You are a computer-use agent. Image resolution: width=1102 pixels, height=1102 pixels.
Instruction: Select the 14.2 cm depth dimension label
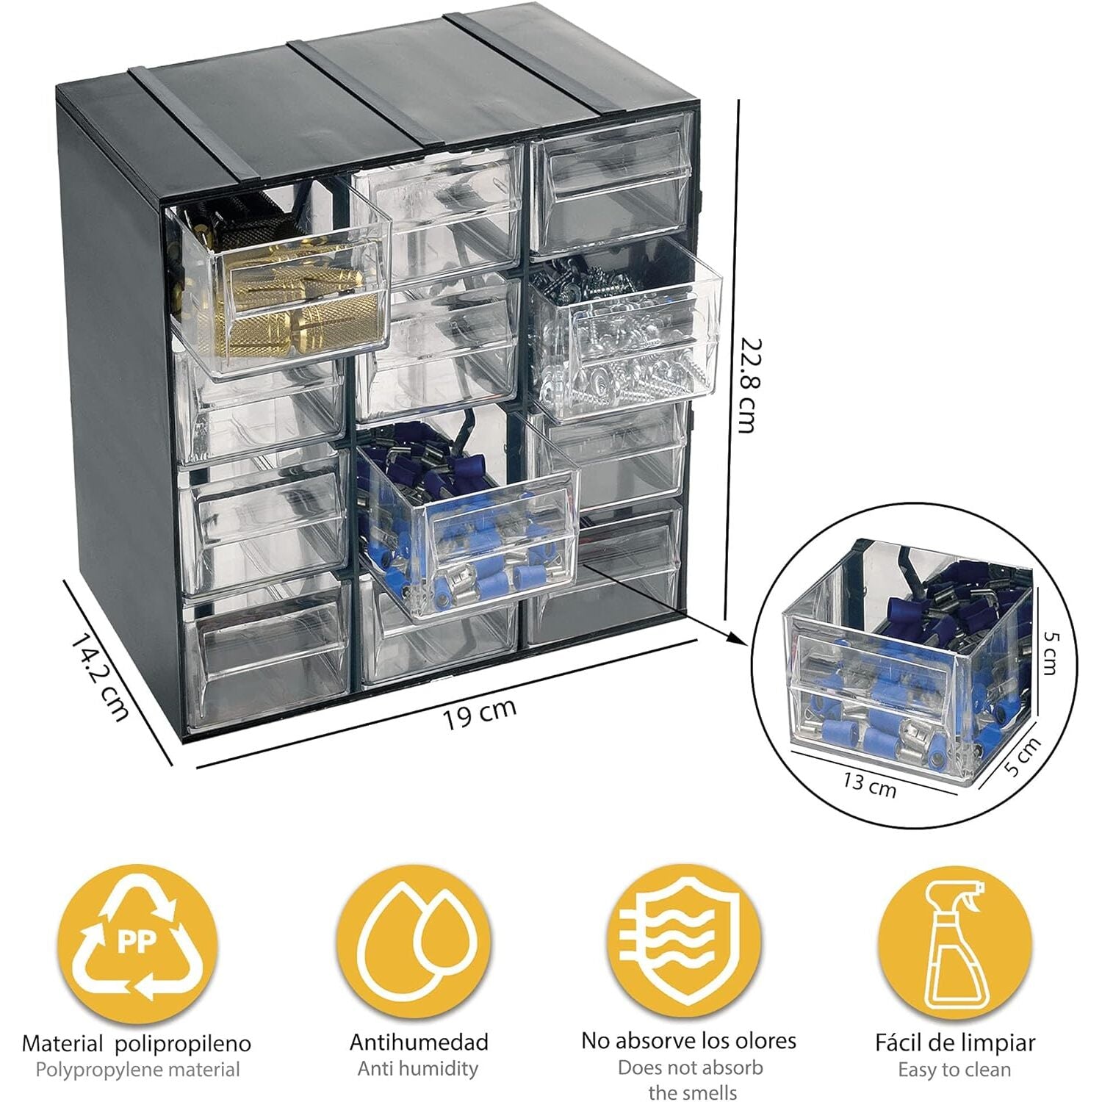click(x=101, y=677)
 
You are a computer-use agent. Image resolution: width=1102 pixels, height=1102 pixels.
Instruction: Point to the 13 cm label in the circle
click(x=869, y=784)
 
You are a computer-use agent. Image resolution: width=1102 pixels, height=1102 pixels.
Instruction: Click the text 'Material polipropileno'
click(x=137, y=1043)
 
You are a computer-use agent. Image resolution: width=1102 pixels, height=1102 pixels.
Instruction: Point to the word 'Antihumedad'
click(x=419, y=1042)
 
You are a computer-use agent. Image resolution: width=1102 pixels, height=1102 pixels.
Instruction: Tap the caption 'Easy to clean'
click(x=954, y=1070)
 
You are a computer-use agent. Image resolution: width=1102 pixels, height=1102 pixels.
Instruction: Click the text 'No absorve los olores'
click(x=688, y=1040)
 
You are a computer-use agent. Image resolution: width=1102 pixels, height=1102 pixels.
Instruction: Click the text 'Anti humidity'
click(x=418, y=1068)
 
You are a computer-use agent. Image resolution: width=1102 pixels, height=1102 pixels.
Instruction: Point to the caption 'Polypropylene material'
click(x=137, y=1070)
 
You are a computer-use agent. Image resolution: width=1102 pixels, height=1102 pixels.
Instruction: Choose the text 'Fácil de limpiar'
click(x=955, y=1042)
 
